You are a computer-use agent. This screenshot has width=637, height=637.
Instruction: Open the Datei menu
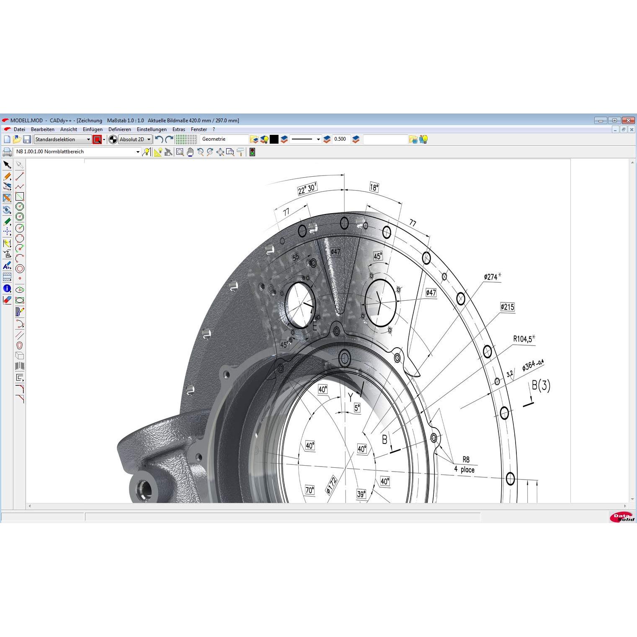[19, 129]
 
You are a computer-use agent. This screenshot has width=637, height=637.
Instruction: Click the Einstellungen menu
[152, 129]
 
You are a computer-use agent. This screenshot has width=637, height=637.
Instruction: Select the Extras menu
[179, 129]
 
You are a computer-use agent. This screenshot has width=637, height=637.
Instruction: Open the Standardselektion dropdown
[63, 139]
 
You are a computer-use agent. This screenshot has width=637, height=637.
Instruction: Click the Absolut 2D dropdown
[135, 139]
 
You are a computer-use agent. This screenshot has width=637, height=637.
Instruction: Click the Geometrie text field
[224, 139]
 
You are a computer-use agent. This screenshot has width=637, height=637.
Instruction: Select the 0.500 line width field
[341, 139]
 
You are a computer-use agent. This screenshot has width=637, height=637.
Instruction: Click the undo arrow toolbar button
[159, 139]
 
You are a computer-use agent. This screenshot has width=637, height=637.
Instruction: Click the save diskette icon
[27, 139]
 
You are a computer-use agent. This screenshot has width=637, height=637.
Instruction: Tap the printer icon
[7, 152]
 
